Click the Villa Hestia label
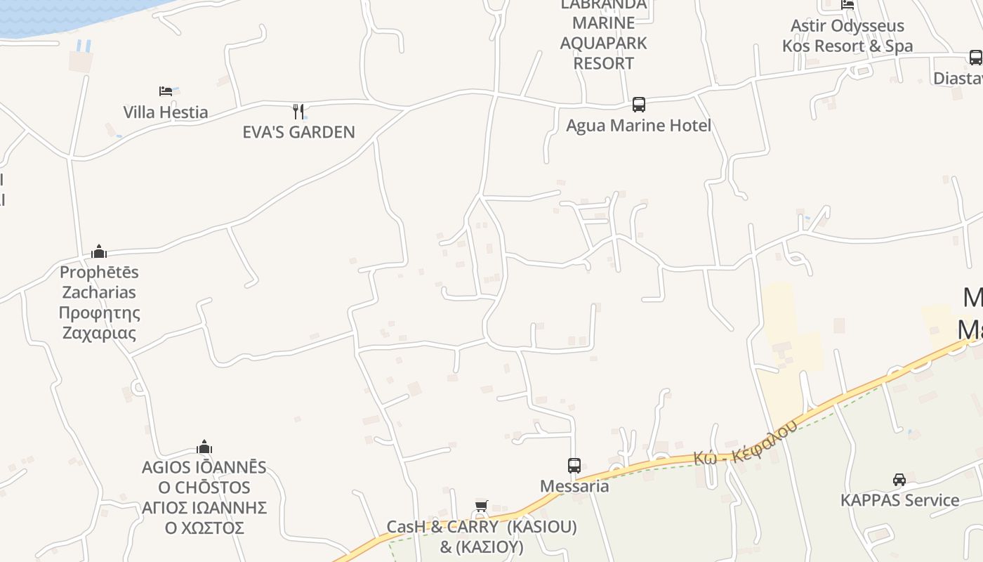point(166,112)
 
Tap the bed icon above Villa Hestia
point(166,91)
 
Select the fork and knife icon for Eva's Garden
point(298,111)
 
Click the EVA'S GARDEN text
point(298,132)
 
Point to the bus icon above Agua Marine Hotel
point(638,105)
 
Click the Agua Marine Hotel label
point(638,126)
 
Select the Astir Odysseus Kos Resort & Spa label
point(847,37)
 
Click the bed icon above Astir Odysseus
point(847,4)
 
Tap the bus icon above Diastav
point(975,58)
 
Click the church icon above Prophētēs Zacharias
point(99,251)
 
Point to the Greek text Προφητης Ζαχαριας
point(99,323)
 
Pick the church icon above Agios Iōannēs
point(204,447)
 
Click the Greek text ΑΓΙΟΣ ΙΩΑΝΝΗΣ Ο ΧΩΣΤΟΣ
point(204,518)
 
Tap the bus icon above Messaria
point(574,465)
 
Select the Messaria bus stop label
point(574,486)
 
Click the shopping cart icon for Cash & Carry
point(482,507)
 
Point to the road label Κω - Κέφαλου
point(746,444)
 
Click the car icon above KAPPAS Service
point(899,480)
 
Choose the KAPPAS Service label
point(899,500)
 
